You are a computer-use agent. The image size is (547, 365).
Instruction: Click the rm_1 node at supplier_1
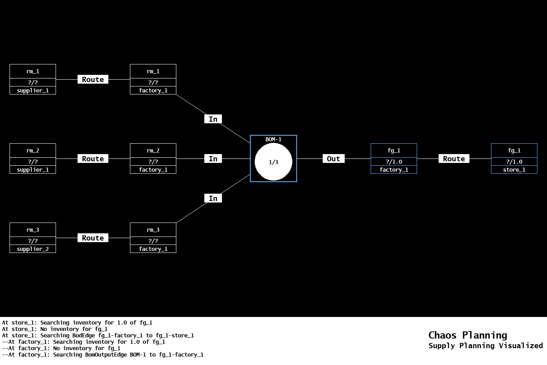coord(33,79)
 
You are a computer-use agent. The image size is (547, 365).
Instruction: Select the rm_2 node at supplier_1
coord(33,158)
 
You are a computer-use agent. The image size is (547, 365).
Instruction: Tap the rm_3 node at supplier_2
coord(33,238)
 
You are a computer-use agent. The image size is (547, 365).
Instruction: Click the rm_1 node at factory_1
coord(153,79)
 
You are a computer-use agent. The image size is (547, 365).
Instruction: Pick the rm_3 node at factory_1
coord(153,238)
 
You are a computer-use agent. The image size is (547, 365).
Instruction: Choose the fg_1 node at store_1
coord(514,158)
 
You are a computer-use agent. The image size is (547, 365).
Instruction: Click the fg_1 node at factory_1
coord(393,158)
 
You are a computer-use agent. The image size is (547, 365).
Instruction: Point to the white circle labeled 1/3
coord(273,162)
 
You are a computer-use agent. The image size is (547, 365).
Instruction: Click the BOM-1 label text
coord(273,139)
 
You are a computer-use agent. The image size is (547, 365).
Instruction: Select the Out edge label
coord(333,159)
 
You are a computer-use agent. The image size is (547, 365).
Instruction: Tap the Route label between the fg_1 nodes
coord(454,159)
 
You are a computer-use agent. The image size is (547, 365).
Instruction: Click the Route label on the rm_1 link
coord(93,80)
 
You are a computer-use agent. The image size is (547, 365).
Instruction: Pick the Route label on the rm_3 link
coord(93,238)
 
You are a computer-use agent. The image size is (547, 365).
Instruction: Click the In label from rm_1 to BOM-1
coord(213,119)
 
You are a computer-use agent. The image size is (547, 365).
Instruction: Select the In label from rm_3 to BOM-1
coord(213,199)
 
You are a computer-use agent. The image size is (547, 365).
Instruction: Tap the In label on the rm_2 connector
coord(213,159)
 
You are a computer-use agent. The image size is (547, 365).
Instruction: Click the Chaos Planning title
coord(467,335)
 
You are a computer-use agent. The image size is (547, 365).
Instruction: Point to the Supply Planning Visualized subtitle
coord(485,346)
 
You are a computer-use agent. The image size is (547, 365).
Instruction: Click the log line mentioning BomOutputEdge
coord(103,355)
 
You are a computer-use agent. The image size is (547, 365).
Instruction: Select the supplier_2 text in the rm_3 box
coord(33,249)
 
